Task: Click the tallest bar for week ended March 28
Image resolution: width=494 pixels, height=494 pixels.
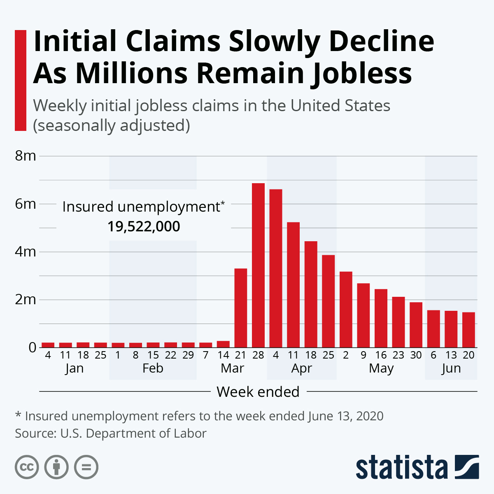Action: (x=258, y=266)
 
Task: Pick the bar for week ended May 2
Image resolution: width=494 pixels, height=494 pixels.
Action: (x=346, y=310)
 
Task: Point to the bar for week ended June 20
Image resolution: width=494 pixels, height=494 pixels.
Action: (x=468, y=330)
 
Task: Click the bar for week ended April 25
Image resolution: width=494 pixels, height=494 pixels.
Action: (x=328, y=301)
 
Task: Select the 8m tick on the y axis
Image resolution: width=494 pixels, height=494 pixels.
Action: (x=26, y=156)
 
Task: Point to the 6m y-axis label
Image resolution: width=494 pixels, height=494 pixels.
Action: (x=26, y=204)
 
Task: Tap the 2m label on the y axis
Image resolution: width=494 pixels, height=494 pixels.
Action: (x=26, y=300)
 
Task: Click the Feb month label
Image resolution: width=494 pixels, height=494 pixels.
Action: (x=153, y=368)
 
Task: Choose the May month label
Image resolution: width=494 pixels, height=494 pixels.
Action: (x=381, y=368)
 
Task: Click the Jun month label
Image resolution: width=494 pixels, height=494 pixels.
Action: (x=451, y=368)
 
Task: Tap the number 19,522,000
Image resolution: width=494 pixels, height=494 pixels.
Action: (x=144, y=226)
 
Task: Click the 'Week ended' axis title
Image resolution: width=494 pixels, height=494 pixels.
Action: (x=258, y=392)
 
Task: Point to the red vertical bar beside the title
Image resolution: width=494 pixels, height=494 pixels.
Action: (x=21, y=80)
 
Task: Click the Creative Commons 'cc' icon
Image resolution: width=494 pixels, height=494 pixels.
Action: (x=27, y=467)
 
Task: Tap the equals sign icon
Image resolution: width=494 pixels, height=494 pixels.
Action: (x=86, y=467)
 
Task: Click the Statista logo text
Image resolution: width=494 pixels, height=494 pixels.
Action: (x=401, y=467)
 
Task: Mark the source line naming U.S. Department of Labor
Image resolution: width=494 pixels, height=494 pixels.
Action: (x=110, y=433)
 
